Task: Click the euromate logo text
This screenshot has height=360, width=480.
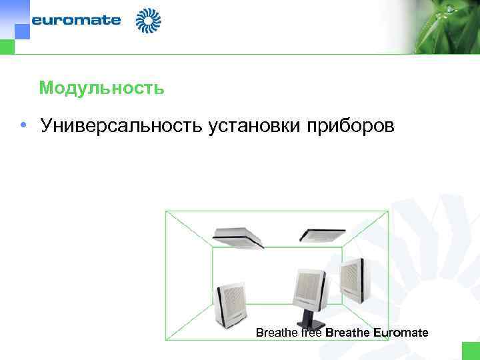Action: point(77,20)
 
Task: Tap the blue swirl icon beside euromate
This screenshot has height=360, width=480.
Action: point(149,21)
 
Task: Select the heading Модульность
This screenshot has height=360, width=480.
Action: point(101,88)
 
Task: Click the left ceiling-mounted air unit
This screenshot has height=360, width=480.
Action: point(238,236)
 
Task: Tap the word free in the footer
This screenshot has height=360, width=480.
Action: point(311,332)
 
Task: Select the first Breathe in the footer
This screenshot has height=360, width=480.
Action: point(277,332)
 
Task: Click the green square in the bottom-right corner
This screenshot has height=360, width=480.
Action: point(471,351)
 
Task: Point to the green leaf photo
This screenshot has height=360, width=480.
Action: point(433,27)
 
